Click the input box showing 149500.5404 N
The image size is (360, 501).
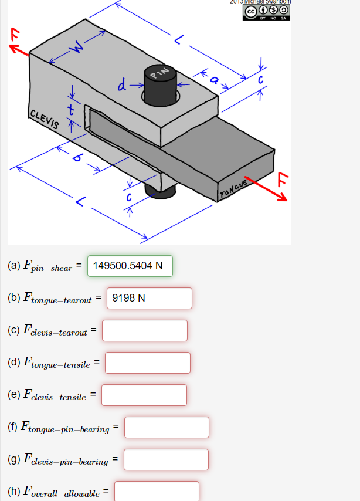[130, 266]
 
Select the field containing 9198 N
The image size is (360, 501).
[150, 298]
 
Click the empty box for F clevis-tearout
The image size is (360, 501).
[145, 330]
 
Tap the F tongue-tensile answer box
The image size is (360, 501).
[147, 363]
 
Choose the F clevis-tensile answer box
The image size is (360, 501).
[144, 395]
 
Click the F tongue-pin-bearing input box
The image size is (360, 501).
[167, 427]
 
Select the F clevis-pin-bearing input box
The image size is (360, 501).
[166, 459]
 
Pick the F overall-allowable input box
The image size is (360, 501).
[157, 491]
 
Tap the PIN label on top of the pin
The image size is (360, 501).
[159, 73]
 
